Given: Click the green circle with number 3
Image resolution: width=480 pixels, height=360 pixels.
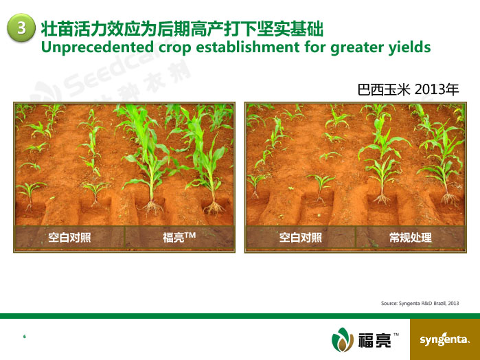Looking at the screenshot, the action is pos(21,27).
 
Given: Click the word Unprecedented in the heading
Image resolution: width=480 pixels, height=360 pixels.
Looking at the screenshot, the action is pos(98,47).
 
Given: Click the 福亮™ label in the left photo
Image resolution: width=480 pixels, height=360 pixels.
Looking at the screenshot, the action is pos(179,237).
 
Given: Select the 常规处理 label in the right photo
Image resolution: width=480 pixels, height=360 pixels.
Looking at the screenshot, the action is pos(411,237).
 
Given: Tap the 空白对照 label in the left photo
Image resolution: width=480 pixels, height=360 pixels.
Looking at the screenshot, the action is pos(69,237).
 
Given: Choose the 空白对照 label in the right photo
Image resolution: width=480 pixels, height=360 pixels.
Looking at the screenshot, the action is pos(301,237).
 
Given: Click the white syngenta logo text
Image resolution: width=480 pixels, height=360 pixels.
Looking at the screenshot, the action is pos(444,339).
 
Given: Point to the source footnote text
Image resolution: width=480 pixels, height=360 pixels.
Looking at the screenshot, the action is pos(420,303).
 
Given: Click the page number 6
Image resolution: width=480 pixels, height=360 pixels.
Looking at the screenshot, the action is pos(25,337).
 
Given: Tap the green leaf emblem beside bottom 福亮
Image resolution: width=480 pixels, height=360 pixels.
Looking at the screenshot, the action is pos(343,339).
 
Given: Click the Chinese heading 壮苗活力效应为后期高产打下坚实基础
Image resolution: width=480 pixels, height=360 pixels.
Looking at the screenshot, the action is pos(182,29).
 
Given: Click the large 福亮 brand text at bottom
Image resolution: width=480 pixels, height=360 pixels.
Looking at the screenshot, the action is pos(375,340).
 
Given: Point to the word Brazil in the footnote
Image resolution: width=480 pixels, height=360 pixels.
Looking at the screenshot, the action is pos(439,303).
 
